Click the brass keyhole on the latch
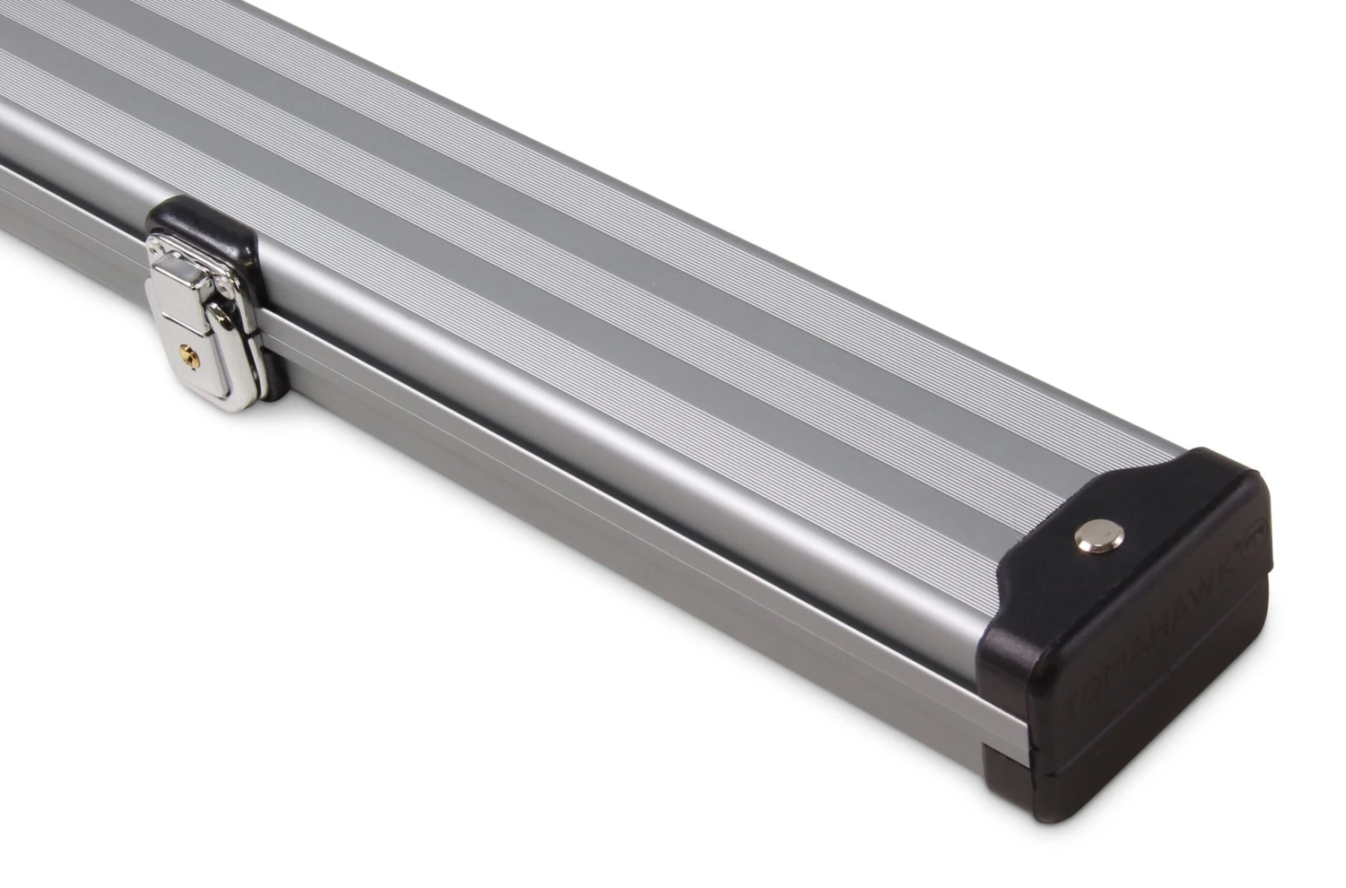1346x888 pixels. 187,355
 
